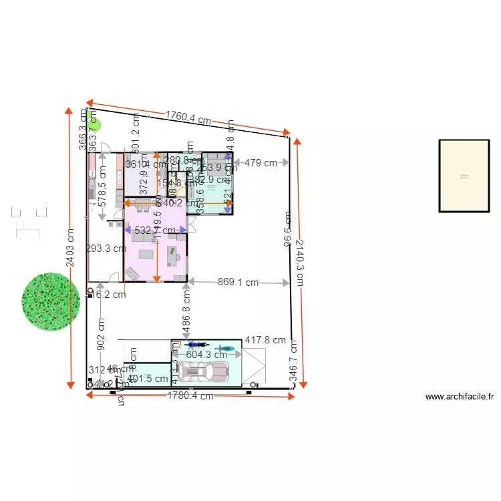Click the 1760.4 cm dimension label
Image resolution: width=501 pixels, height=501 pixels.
tap(188, 119)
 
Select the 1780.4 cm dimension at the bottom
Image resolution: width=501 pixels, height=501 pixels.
tap(190, 395)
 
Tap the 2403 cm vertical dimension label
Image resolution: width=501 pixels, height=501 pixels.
tap(70, 248)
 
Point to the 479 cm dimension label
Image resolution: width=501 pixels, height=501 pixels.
tap(261, 162)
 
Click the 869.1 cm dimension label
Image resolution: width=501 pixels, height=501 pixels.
tap(238, 283)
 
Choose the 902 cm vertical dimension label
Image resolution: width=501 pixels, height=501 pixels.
tap(101, 333)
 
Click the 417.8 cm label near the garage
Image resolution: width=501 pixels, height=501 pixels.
tap(265, 341)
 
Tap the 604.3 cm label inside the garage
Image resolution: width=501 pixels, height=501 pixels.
tap(206, 355)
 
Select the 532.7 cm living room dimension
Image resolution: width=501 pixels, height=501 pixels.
tap(155, 230)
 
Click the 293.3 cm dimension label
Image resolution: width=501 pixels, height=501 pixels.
tap(106, 248)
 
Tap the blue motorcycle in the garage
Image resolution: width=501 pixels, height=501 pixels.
tap(195, 346)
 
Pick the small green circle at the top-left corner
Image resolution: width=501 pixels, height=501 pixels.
tap(96, 123)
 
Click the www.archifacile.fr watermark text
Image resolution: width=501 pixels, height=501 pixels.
tap(460, 397)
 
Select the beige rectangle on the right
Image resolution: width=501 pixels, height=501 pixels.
tap(464, 176)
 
